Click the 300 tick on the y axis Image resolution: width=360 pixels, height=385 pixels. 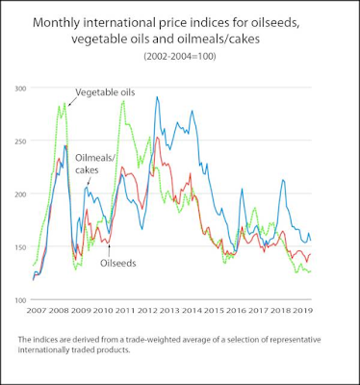click(x=20, y=88)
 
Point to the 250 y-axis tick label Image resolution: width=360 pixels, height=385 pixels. click(x=20, y=141)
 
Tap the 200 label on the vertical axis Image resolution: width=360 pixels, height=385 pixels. click(x=20, y=193)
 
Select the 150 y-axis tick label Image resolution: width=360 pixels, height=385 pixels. click(x=20, y=246)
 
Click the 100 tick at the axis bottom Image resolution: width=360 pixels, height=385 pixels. click(x=20, y=299)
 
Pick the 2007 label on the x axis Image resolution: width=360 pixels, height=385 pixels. click(x=37, y=311)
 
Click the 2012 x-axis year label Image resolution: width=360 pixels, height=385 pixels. click(x=147, y=311)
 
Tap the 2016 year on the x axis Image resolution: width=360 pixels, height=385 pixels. click(x=236, y=311)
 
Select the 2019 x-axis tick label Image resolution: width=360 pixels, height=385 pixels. click(x=302, y=311)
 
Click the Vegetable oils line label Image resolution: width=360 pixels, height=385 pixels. click(x=105, y=92)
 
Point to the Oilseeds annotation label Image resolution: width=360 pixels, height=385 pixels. click(x=118, y=263)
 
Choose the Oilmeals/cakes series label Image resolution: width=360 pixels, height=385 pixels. click(x=95, y=164)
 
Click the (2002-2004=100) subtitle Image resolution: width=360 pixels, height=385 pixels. click(x=180, y=56)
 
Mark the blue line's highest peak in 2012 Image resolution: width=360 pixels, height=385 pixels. click(x=157, y=96)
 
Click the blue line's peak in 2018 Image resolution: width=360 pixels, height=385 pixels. click(x=283, y=180)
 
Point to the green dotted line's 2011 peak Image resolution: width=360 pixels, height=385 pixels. click(x=124, y=101)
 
